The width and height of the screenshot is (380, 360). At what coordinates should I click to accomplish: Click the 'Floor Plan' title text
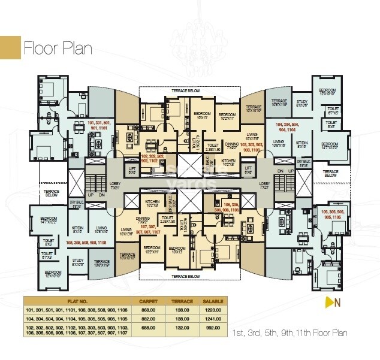58,49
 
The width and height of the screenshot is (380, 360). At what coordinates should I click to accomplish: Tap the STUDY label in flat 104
302,104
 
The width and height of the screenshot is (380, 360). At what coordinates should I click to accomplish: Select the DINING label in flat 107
143,219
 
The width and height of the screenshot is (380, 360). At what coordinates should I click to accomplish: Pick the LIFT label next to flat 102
132,170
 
